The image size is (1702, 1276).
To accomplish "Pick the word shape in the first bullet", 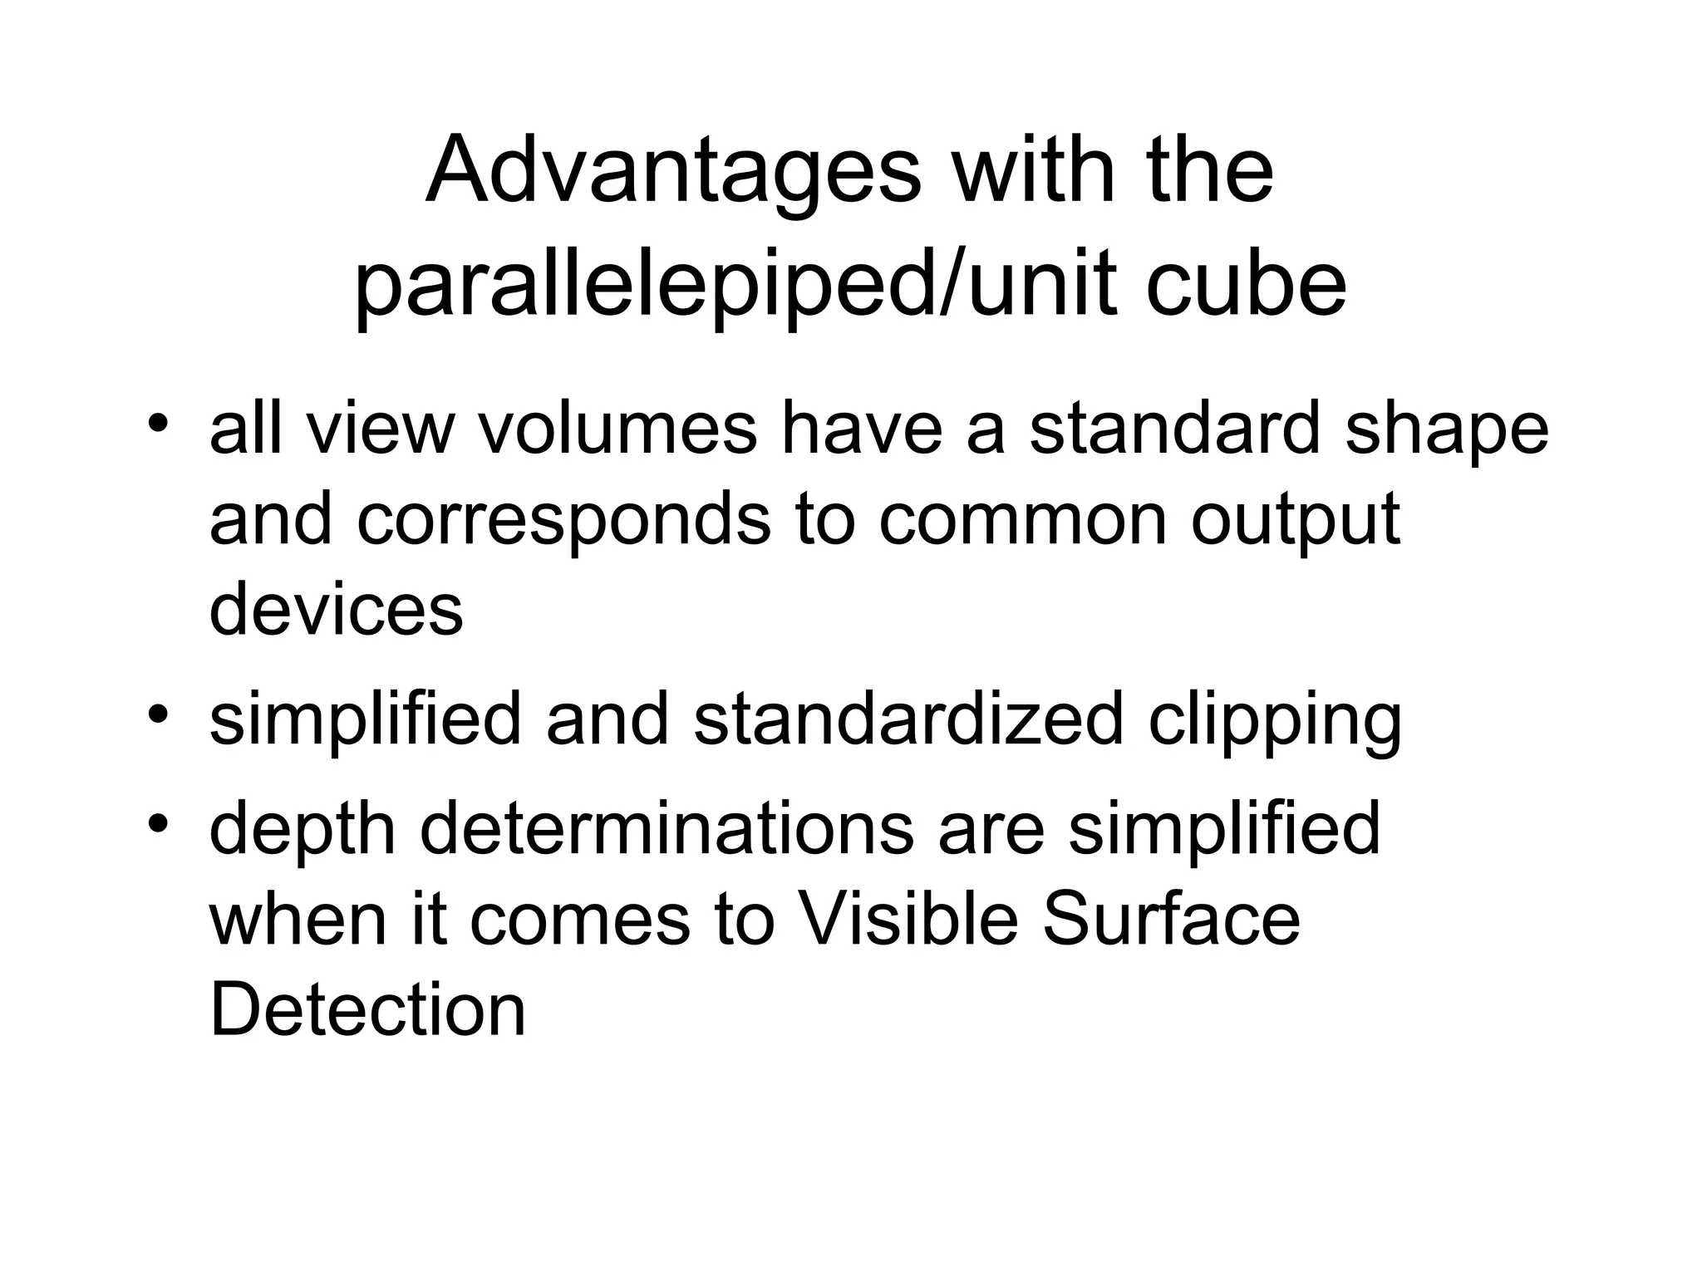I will [x=1447, y=432].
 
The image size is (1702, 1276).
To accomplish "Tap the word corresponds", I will [x=564, y=522].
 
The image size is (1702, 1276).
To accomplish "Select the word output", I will [x=1296, y=522].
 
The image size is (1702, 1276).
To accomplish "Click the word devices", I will [x=336, y=610].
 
